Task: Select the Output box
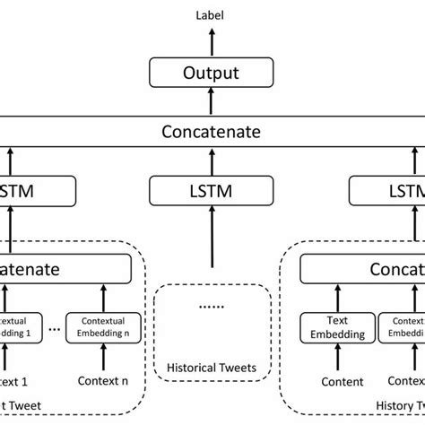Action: click(212, 73)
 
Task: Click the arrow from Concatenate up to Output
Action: click(212, 104)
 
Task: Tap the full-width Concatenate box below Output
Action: click(212, 133)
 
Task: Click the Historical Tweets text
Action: click(212, 367)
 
